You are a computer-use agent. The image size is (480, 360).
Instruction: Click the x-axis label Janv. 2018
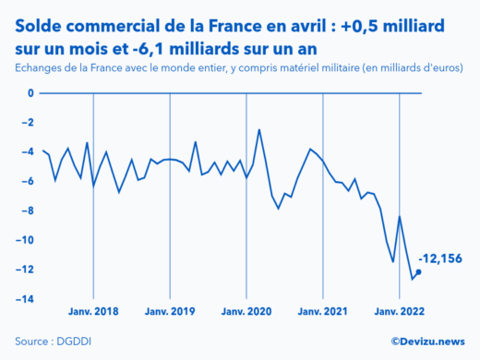point(93,312)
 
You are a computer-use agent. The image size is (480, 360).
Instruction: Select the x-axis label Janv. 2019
point(170,312)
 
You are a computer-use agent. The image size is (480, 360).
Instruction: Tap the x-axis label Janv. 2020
point(246,312)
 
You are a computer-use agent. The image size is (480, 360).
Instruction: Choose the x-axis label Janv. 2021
point(322,312)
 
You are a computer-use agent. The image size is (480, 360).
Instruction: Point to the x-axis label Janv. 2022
point(399,312)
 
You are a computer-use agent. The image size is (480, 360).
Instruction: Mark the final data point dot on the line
point(418,272)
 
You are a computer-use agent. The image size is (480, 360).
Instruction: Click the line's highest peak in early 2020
point(259,130)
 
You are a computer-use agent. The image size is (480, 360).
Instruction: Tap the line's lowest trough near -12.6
point(412,279)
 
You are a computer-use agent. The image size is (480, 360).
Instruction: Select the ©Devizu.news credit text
point(427,342)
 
